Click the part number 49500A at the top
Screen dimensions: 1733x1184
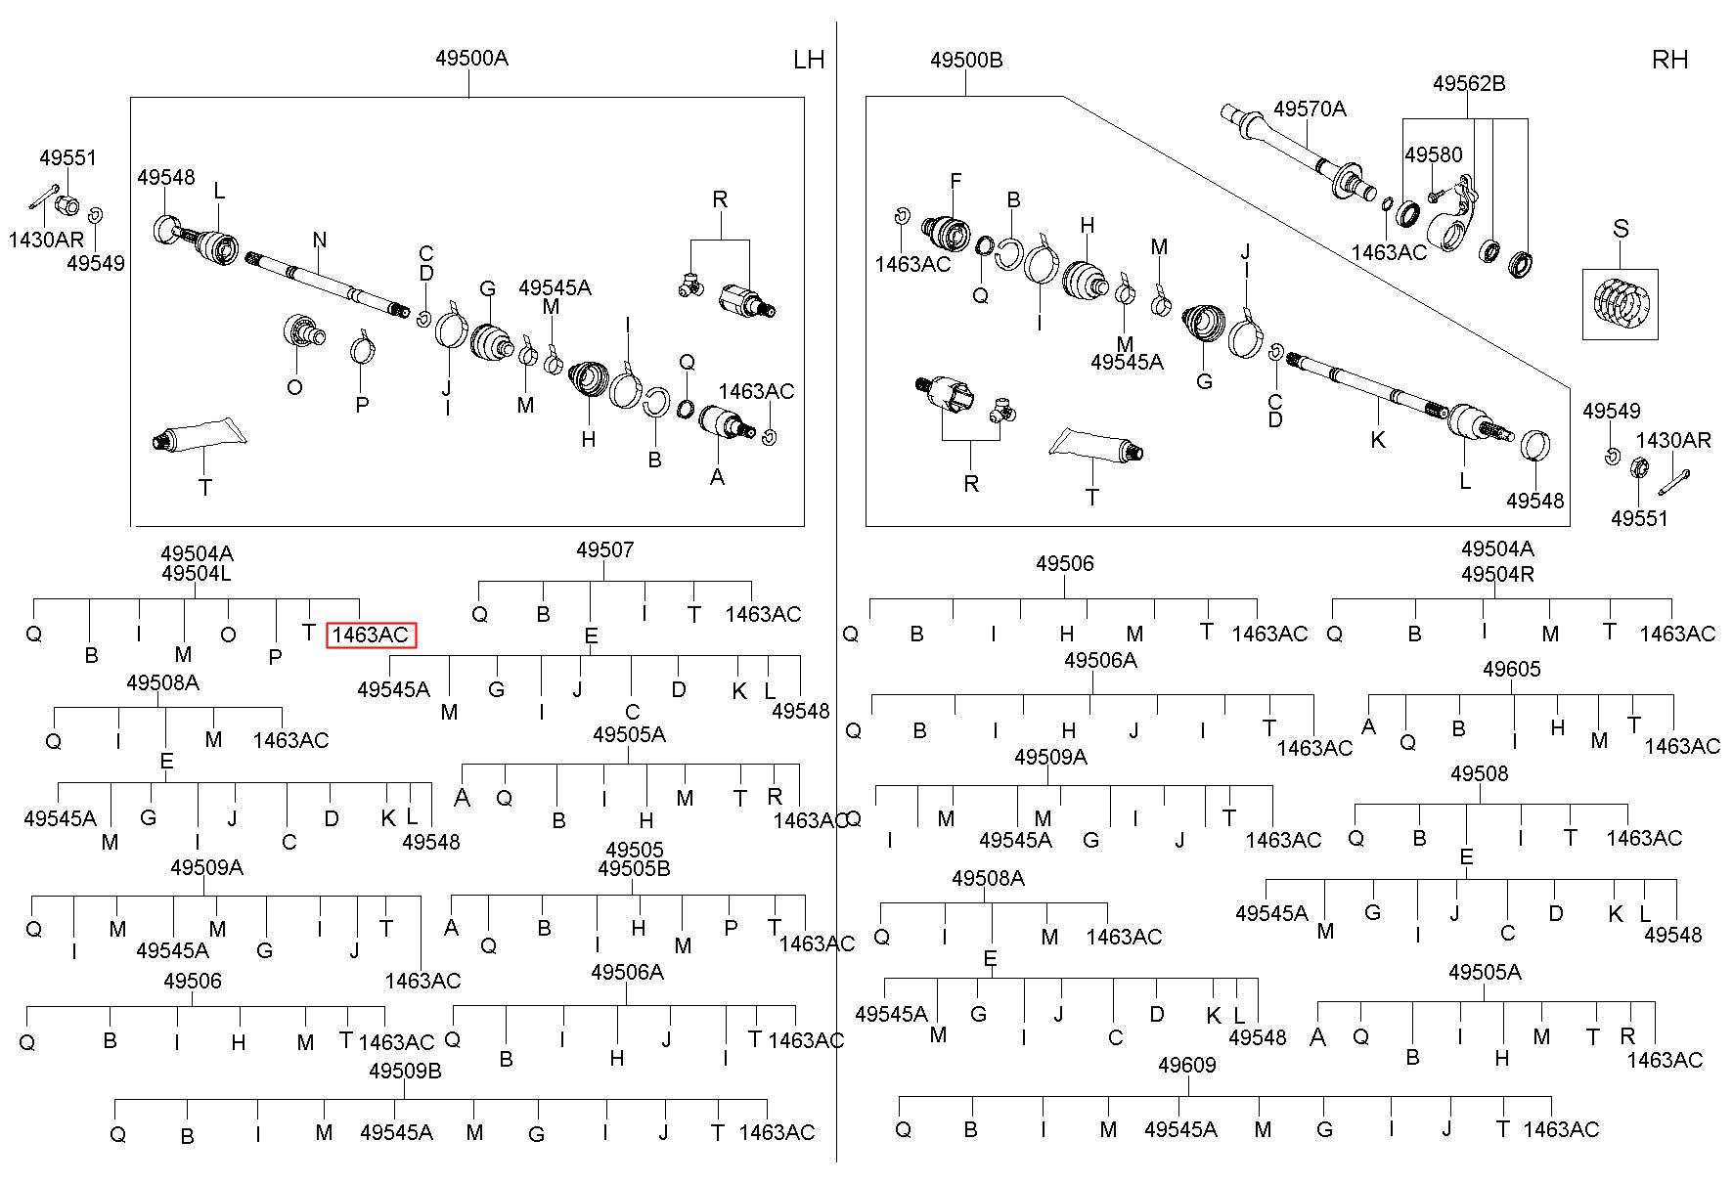[471, 58]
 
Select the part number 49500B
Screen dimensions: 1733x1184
[966, 60]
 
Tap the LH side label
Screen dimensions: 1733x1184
[809, 60]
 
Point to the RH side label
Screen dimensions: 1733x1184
[1669, 60]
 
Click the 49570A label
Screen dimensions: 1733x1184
[1310, 109]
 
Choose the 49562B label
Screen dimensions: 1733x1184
[1469, 84]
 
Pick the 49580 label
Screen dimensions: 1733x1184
[1434, 154]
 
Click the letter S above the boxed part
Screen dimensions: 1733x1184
[1621, 229]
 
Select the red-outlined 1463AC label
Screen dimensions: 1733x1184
[371, 635]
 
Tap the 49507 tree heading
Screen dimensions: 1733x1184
[604, 549]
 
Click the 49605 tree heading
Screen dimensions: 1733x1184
[1511, 670]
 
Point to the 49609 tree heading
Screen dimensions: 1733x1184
[1186, 1065]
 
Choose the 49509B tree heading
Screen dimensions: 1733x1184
[405, 1071]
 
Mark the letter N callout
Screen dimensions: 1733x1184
[320, 240]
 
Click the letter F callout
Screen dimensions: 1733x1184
[955, 181]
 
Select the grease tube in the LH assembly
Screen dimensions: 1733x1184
[196, 435]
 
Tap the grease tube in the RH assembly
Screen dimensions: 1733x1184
[1095, 444]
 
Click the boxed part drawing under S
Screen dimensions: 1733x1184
[1621, 304]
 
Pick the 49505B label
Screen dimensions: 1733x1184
[634, 869]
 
